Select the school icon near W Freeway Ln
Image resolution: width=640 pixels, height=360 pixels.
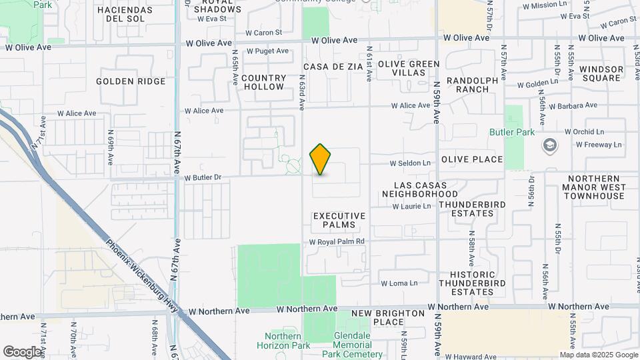(550, 145)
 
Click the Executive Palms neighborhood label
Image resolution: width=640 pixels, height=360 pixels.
(339, 220)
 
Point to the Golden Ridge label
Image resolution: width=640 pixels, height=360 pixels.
(131, 81)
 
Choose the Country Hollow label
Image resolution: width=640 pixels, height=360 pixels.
(263, 83)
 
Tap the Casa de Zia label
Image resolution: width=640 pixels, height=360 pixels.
(333, 67)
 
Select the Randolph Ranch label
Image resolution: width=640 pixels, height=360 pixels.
(472, 85)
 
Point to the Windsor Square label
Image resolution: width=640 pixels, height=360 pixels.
(601, 73)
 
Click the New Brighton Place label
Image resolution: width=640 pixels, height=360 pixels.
(387, 317)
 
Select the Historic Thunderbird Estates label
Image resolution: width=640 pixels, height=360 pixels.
(472, 283)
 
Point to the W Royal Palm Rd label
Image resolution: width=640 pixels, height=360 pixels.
(337, 241)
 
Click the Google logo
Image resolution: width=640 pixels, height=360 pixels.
(22, 351)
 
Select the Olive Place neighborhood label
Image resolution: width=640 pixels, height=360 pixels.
(471, 159)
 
